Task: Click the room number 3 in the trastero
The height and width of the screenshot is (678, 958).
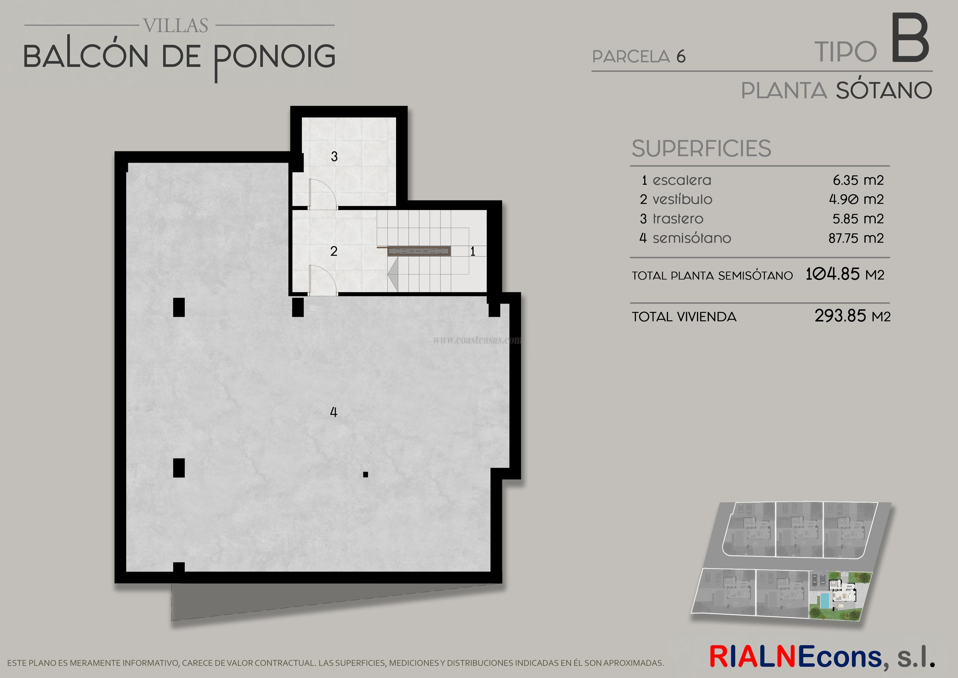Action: (334, 157)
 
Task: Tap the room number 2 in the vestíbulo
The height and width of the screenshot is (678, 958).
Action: (334, 251)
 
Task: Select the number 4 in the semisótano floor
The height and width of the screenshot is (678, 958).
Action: (333, 412)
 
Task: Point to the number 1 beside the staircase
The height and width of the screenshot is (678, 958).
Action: (473, 251)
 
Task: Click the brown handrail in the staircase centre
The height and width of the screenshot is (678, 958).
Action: (419, 251)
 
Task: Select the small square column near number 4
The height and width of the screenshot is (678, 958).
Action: (366, 474)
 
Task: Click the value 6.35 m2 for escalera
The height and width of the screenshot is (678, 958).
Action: (858, 180)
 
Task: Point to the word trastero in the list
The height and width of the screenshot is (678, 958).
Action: (678, 219)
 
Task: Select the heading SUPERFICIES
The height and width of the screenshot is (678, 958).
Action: (701, 149)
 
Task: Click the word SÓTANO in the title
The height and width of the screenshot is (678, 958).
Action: (884, 91)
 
